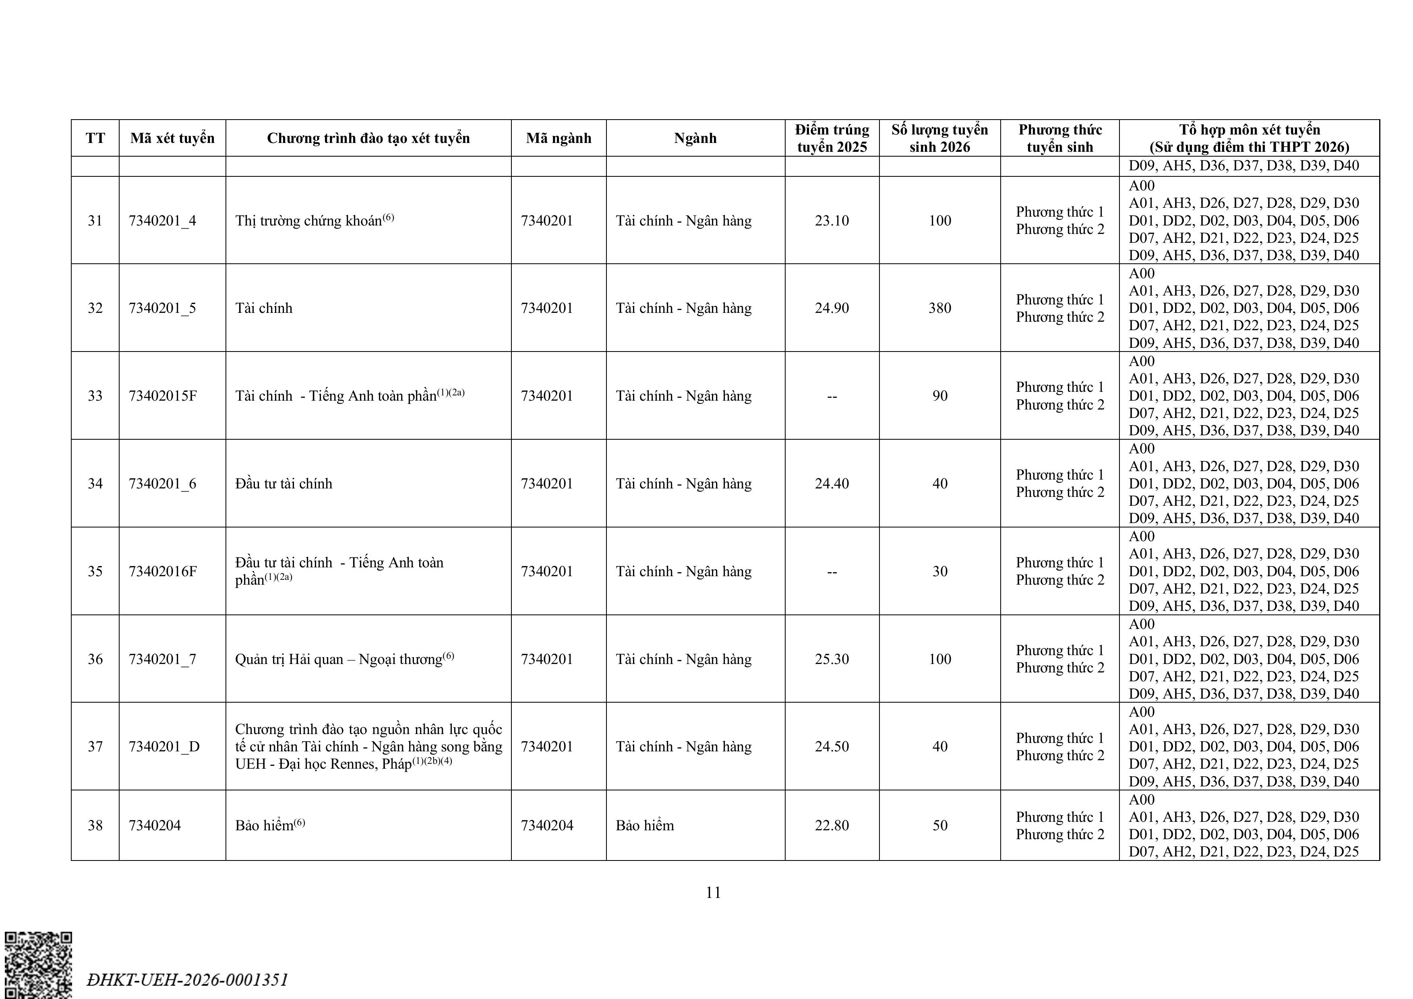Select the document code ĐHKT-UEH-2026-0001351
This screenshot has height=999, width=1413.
click(x=188, y=979)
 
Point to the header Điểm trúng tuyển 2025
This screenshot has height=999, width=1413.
click(x=832, y=138)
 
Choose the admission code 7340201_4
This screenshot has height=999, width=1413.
click(x=162, y=220)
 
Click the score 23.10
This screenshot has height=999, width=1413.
click(x=832, y=220)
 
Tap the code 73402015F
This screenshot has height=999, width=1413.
click(x=162, y=396)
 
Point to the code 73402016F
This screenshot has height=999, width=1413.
click(x=162, y=571)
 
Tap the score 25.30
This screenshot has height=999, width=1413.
click(x=832, y=659)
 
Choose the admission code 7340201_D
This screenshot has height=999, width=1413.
click(x=164, y=747)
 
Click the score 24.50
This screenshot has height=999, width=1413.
click(x=832, y=747)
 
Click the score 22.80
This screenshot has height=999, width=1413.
click(x=832, y=825)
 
